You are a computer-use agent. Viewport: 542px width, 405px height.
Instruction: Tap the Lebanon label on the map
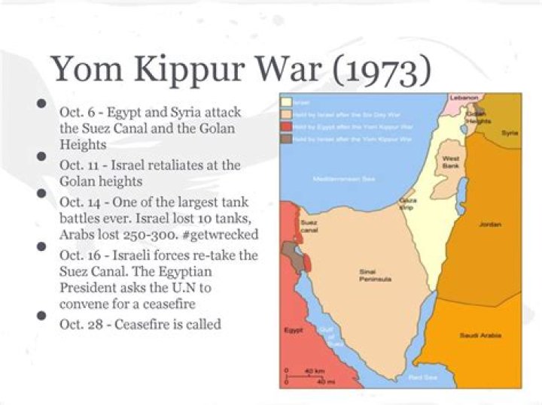[464, 98]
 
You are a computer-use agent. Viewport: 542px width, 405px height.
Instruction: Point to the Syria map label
[510, 132]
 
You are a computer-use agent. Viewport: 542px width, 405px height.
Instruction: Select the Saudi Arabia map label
[476, 334]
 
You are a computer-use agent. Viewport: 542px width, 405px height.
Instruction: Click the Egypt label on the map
[293, 330]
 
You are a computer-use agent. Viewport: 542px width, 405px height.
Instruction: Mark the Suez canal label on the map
[308, 225]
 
